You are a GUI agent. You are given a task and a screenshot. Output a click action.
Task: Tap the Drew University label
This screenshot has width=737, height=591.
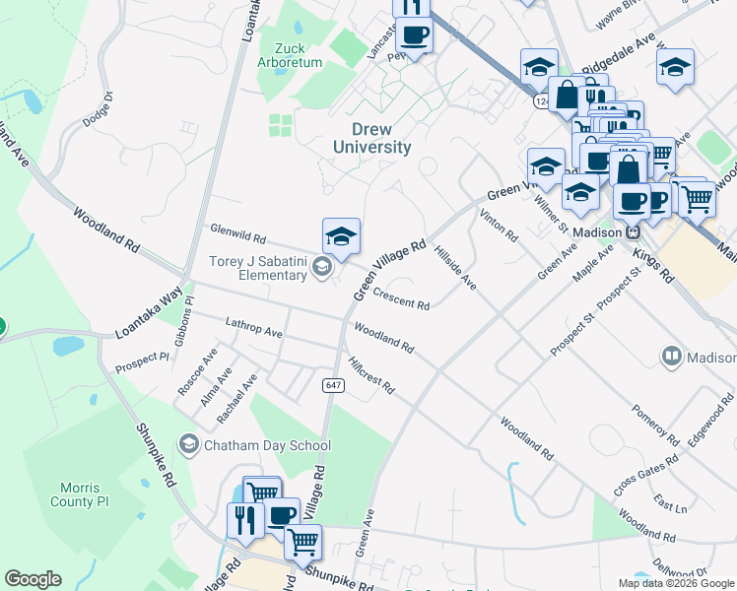(371, 139)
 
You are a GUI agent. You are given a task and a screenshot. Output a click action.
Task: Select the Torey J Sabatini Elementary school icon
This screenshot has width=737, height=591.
(321, 267)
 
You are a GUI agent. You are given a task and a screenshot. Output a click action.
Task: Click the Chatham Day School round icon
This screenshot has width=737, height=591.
(187, 445)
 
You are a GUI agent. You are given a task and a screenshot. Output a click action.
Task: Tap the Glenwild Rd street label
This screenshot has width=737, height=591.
(238, 232)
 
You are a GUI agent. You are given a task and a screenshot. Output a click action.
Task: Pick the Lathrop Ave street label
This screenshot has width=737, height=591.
(253, 327)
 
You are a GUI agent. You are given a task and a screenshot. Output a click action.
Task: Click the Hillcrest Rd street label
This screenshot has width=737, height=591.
(370, 374)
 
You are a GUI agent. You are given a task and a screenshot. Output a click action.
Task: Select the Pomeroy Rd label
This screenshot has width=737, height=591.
(656, 425)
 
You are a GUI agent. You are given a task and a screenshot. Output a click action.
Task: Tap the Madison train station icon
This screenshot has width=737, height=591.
(636, 232)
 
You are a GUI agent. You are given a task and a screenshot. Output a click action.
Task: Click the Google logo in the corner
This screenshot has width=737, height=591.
(33, 579)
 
